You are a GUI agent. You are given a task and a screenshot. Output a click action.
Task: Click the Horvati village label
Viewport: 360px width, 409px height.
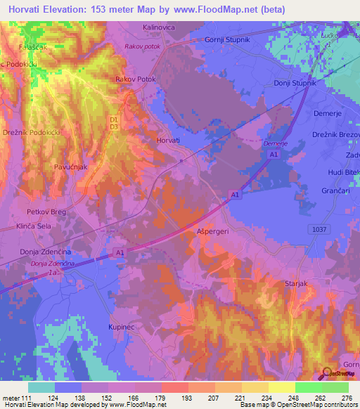(168, 141)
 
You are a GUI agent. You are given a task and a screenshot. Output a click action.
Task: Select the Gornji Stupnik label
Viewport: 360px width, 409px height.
(227, 39)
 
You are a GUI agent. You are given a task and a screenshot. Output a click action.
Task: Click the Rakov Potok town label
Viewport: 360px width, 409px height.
(135, 80)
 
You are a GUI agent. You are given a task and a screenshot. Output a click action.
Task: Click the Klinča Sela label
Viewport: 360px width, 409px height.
(34, 228)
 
